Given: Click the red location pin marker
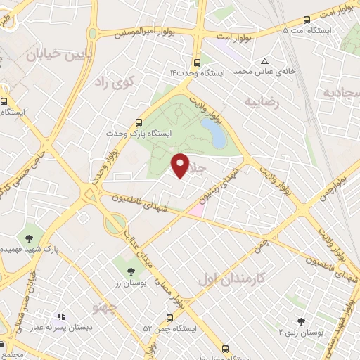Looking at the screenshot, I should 181,165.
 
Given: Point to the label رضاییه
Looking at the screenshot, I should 262,103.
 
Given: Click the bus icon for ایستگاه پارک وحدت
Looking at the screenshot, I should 139,122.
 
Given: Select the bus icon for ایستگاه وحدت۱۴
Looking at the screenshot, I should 198,62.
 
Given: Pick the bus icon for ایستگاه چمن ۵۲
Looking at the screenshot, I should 169,318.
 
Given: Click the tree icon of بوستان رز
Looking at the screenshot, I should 131,271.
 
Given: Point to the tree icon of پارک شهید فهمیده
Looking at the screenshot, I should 30,236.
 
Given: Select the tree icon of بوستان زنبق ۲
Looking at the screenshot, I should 302,321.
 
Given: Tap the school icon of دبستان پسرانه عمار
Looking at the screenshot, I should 60,317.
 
